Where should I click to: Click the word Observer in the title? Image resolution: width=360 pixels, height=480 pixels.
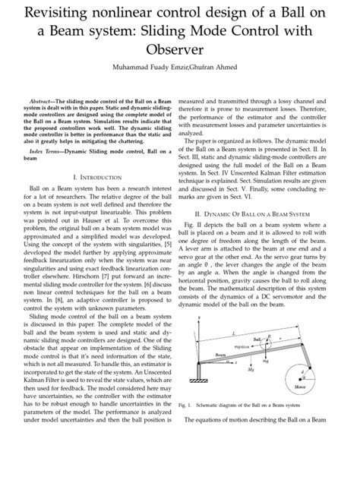click(x=179, y=49)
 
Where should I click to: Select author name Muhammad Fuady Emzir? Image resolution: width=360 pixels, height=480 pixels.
click(x=152, y=67)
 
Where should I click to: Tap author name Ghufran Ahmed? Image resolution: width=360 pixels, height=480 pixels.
click(x=220, y=67)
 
